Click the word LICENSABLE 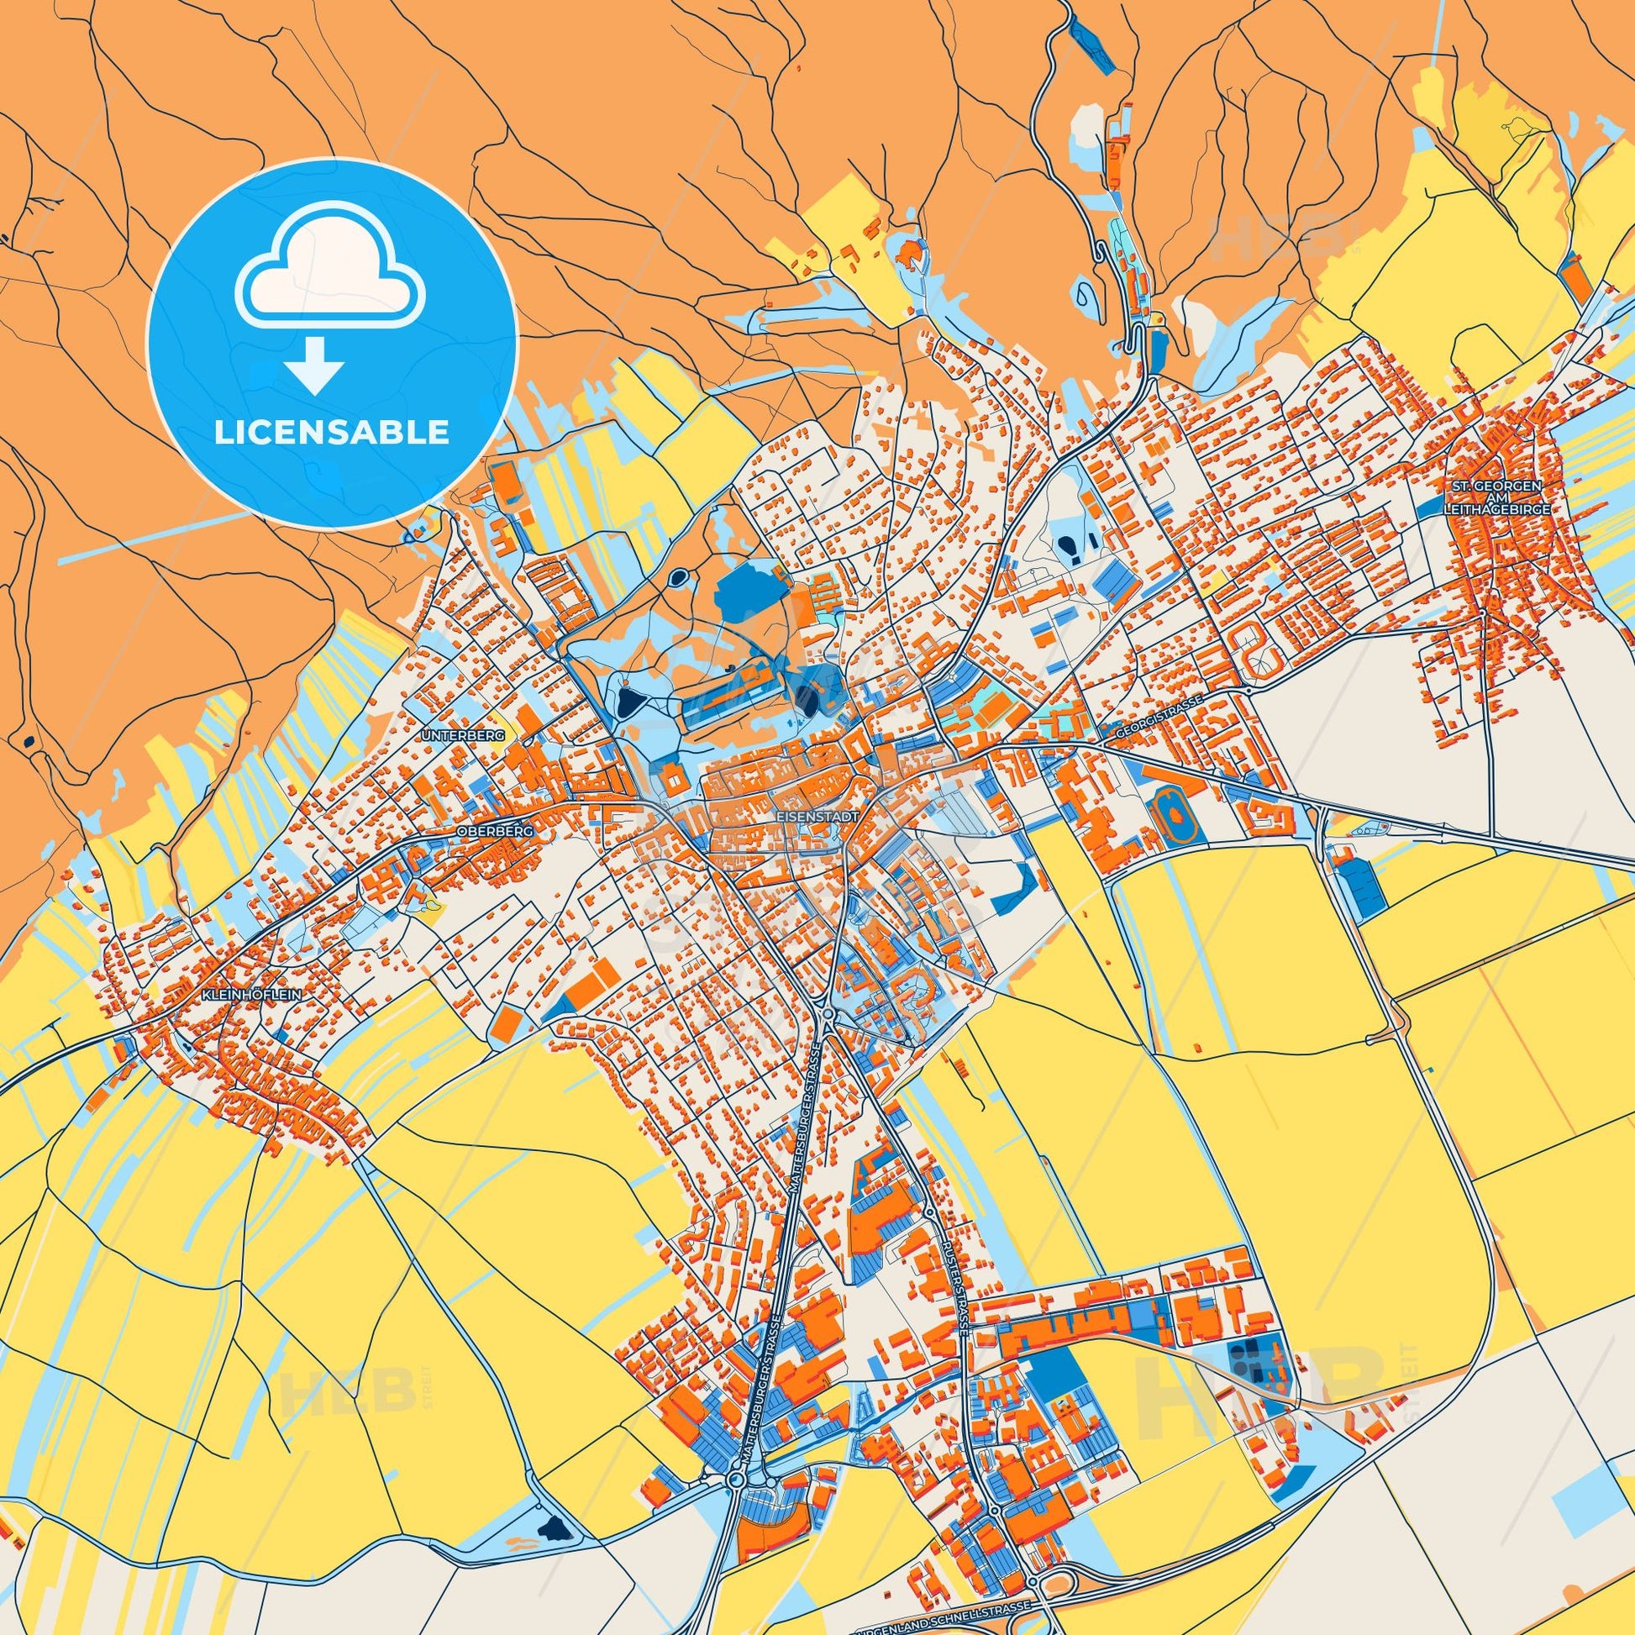tap(332, 433)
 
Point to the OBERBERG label tap(495, 831)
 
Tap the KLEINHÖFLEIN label tap(252, 996)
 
